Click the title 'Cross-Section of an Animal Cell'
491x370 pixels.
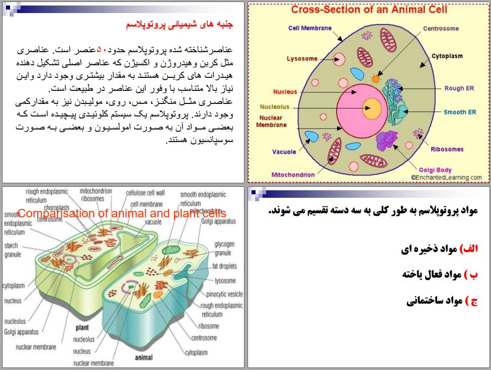tap(369, 9)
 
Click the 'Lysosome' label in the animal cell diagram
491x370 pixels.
tap(302, 59)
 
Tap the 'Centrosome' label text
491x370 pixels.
tap(441, 29)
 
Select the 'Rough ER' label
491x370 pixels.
tap(459, 88)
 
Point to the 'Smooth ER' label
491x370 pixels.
tap(459, 112)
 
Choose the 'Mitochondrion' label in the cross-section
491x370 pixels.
tap(293, 175)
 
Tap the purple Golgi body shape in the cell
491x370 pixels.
tap(388, 141)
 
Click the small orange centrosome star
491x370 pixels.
tap(375, 79)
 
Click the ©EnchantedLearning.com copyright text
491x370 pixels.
tap(446, 177)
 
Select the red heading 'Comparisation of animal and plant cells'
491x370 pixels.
tap(122, 213)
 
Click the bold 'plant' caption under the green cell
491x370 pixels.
tap(82, 327)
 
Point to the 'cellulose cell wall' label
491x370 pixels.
tap(145, 192)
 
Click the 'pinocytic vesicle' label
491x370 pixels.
tap(224, 294)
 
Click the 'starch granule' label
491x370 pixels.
tap(12, 250)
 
